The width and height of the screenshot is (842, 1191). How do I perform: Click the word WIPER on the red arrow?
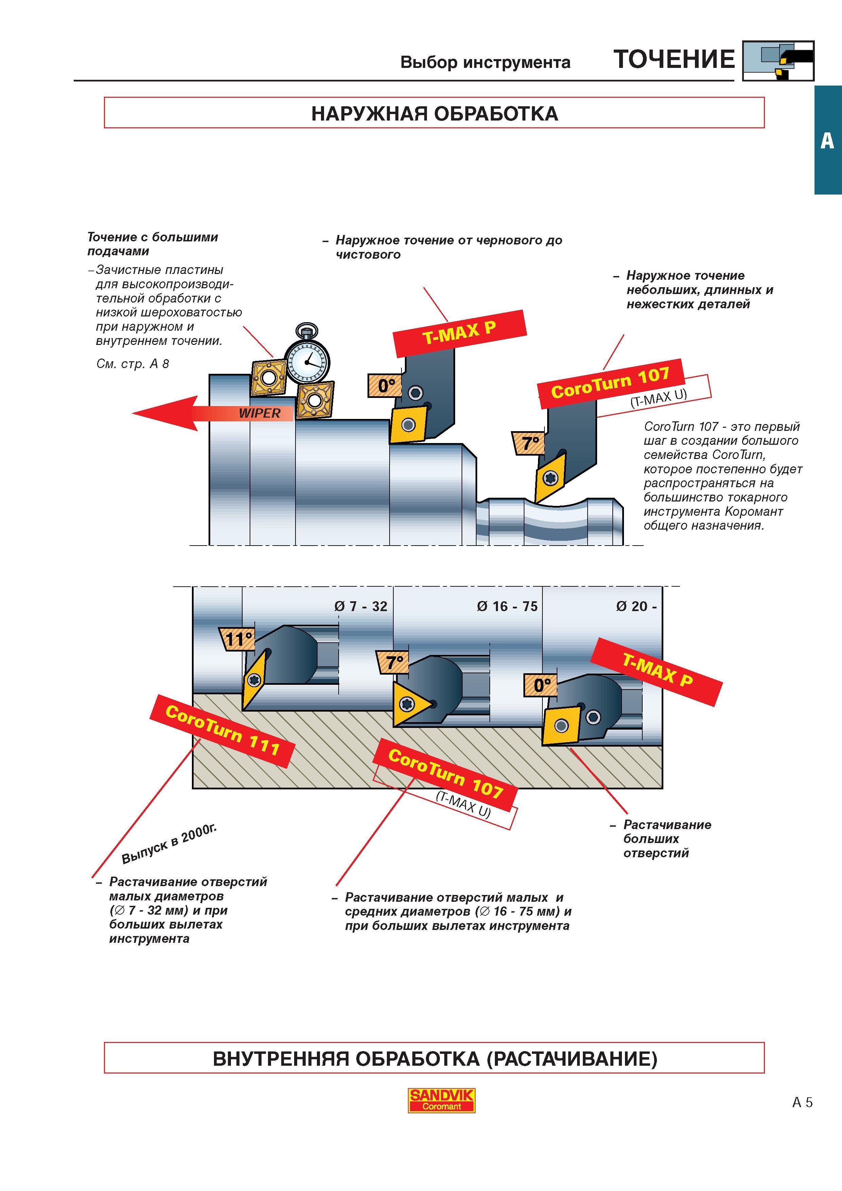point(259,414)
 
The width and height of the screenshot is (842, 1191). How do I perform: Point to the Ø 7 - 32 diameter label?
point(361,606)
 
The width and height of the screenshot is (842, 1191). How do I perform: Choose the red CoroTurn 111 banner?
point(222,731)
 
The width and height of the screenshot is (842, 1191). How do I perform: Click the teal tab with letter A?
point(827,140)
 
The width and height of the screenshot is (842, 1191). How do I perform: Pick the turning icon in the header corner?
point(778,61)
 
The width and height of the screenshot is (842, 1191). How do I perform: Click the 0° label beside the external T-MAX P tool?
point(386,385)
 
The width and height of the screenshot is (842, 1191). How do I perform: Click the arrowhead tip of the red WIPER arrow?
point(133,414)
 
